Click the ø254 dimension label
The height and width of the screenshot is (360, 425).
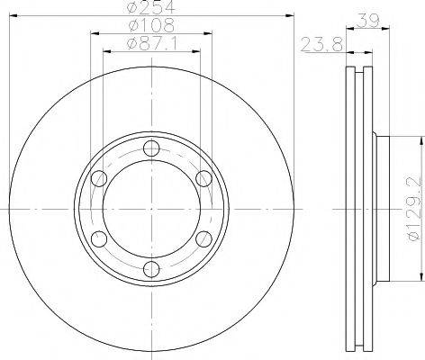(149, 7)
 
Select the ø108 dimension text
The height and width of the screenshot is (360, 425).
(149, 26)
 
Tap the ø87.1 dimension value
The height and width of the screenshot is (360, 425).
(149, 44)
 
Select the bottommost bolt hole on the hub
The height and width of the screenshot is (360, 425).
(149, 268)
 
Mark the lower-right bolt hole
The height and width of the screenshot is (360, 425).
(203, 238)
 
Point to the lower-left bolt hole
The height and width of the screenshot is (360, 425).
(96, 238)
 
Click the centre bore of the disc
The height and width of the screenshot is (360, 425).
(149, 207)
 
